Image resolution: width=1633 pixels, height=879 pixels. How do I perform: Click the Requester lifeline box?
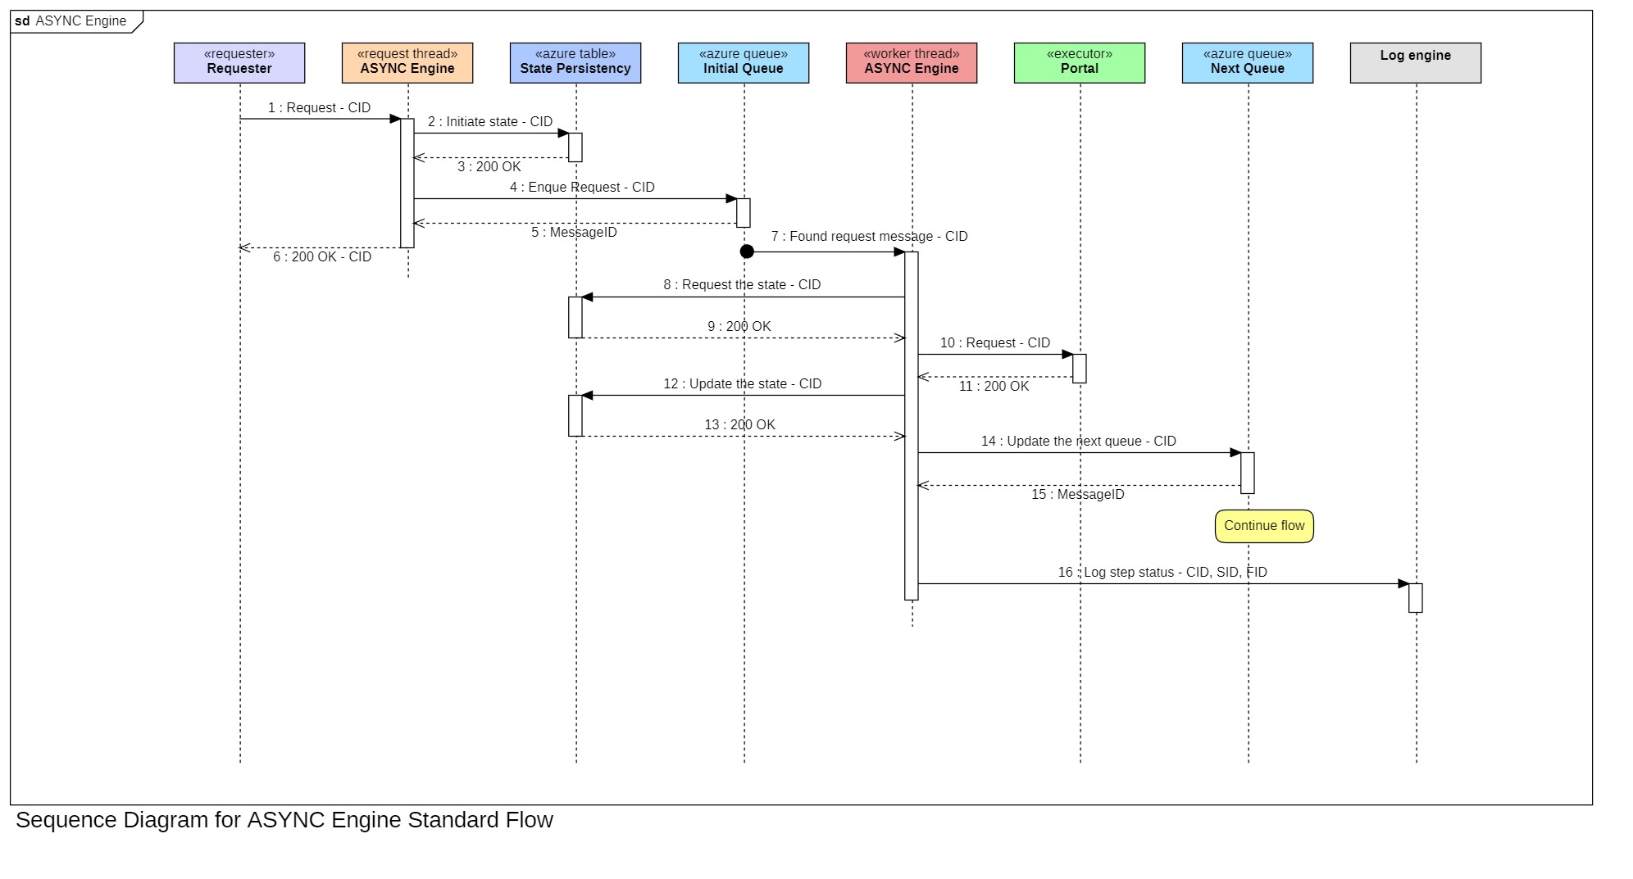pyautogui.click(x=239, y=63)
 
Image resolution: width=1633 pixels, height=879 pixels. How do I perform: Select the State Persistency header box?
pyautogui.click(x=575, y=63)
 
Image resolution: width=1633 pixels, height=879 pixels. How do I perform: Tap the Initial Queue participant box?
pyautogui.click(x=744, y=63)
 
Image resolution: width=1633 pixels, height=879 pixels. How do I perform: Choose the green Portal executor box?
pyautogui.click(x=1080, y=63)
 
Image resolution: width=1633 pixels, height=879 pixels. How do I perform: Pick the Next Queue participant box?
pyautogui.click(x=1248, y=63)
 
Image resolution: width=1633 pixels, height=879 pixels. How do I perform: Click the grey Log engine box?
pyautogui.click(x=1416, y=63)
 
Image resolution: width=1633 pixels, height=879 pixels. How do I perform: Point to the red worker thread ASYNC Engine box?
pyautogui.click(x=912, y=63)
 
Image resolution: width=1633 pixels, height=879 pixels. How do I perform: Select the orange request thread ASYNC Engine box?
pyautogui.click(x=407, y=63)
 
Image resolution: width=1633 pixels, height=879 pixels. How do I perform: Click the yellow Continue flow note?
pyautogui.click(x=1264, y=526)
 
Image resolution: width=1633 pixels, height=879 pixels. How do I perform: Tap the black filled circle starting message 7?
pyautogui.click(x=747, y=251)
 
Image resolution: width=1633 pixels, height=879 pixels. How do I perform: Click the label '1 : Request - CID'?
pyautogui.click(x=319, y=108)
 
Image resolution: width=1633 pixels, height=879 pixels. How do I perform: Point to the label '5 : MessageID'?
pyautogui.click(x=574, y=233)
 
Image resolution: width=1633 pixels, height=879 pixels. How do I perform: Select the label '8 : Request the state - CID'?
pyautogui.click(x=742, y=285)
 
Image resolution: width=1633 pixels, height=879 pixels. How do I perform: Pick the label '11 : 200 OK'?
pyautogui.click(x=994, y=387)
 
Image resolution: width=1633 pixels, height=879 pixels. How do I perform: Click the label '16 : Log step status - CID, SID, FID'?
pyautogui.click(x=1162, y=573)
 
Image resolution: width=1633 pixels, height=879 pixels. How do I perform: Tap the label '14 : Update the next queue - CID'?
pyautogui.click(x=1078, y=442)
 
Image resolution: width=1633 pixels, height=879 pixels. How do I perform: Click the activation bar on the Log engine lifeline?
pyautogui.click(x=1416, y=598)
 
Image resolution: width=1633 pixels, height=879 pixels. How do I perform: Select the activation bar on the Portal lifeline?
pyautogui.click(x=1080, y=369)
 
